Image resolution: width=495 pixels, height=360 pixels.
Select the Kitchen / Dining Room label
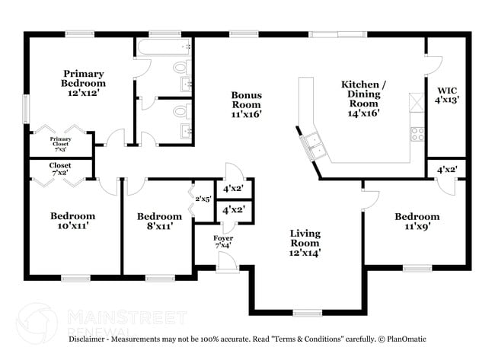[363, 98]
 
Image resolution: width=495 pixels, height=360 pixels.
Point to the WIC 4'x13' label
[446, 94]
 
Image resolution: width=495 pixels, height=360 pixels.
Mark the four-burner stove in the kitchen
[417, 135]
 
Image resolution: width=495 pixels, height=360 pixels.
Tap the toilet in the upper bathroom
[180, 68]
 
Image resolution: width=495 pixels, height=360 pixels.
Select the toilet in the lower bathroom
[180, 112]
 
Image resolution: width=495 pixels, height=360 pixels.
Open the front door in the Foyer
[226, 261]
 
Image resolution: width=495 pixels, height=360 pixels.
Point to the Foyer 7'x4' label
[223, 242]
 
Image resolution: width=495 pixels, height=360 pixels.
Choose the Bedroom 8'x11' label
[160, 221]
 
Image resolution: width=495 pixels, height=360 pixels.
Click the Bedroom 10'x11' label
[72, 221]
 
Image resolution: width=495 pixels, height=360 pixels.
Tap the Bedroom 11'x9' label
[417, 221]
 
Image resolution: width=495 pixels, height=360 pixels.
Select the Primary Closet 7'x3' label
[60, 143]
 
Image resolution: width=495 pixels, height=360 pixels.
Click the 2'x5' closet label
[202, 199]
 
